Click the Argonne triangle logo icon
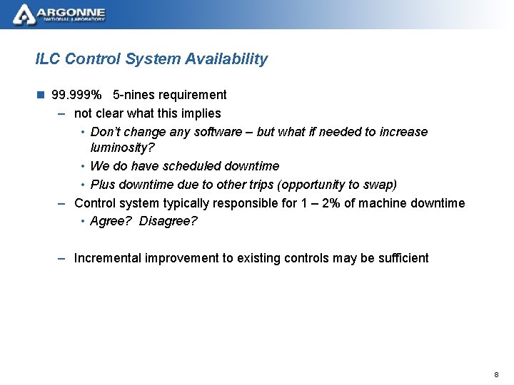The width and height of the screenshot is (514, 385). (x=24, y=14)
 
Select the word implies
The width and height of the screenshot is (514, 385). (x=201, y=113)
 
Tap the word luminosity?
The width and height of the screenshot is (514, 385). (x=122, y=148)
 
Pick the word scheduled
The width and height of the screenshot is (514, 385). (x=192, y=166)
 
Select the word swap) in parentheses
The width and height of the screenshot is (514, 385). (x=378, y=185)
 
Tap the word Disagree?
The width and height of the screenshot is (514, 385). (x=168, y=221)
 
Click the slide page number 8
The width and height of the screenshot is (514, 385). (x=496, y=375)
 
